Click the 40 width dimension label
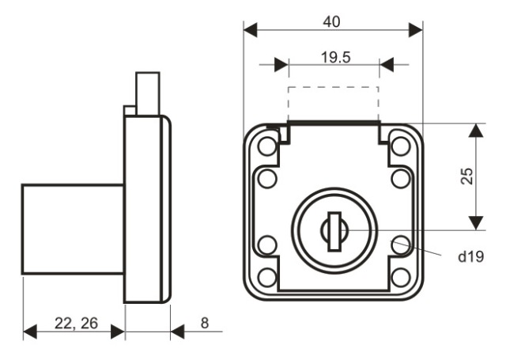pyautogui.click(x=331, y=22)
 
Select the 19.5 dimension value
pyautogui.click(x=335, y=58)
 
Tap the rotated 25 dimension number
pyautogui.click(x=467, y=176)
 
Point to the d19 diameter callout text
pyautogui.click(x=471, y=256)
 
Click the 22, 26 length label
pyautogui.click(x=76, y=323)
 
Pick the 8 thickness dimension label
pyautogui.click(x=205, y=323)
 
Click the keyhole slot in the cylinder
pyautogui.click(x=334, y=231)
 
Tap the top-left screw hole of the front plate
pyautogui.click(x=267, y=146)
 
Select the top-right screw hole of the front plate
pyautogui.click(x=401, y=146)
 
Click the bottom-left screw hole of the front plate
pyautogui.click(x=267, y=278)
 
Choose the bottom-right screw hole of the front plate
pyautogui.click(x=401, y=278)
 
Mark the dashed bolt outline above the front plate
pyautogui.click(x=334, y=86)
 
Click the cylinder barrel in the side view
pyautogui.click(x=73, y=229)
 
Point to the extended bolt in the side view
pyautogui.click(x=148, y=93)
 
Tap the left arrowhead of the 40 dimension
pyautogui.click(x=251, y=30)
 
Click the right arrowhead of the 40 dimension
pyautogui.click(x=416, y=30)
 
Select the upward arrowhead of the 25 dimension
pyautogui.click(x=476, y=131)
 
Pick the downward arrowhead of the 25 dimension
pyautogui.click(x=476, y=223)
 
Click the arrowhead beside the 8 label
pyautogui.click(x=177, y=332)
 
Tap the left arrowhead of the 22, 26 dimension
pyautogui.click(x=30, y=332)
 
